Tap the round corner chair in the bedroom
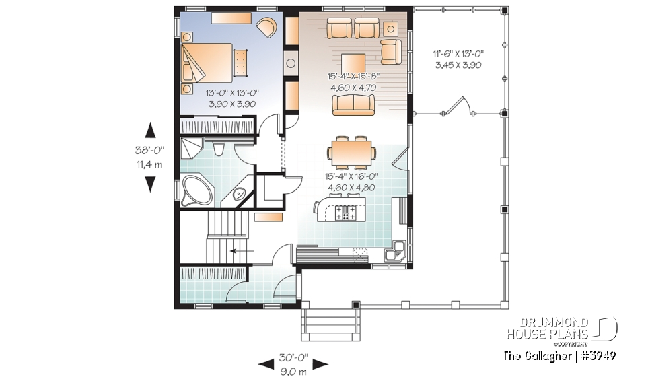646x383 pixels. click(x=266, y=28)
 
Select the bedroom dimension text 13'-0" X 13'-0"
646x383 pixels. click(x=227, y=93)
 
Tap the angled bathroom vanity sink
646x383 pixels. click(x=239, y=195)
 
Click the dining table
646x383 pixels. click(x=351, y=152)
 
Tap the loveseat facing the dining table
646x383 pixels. click(x=353, y=104)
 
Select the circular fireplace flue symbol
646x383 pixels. click(x=291, y=65)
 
